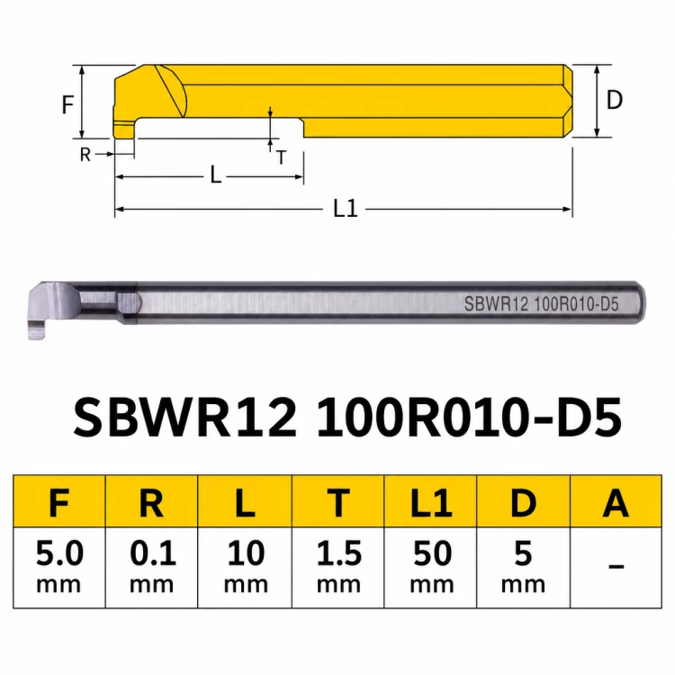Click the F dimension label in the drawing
click(68, 104)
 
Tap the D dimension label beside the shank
click(615, 100)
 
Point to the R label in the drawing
click(85, 154)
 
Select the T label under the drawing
click(281, 157)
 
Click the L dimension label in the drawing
click(216, 175)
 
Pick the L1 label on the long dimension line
click(346, 209)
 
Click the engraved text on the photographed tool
click(541, 304)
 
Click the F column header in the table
click(59, 502)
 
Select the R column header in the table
click(151, 502)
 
